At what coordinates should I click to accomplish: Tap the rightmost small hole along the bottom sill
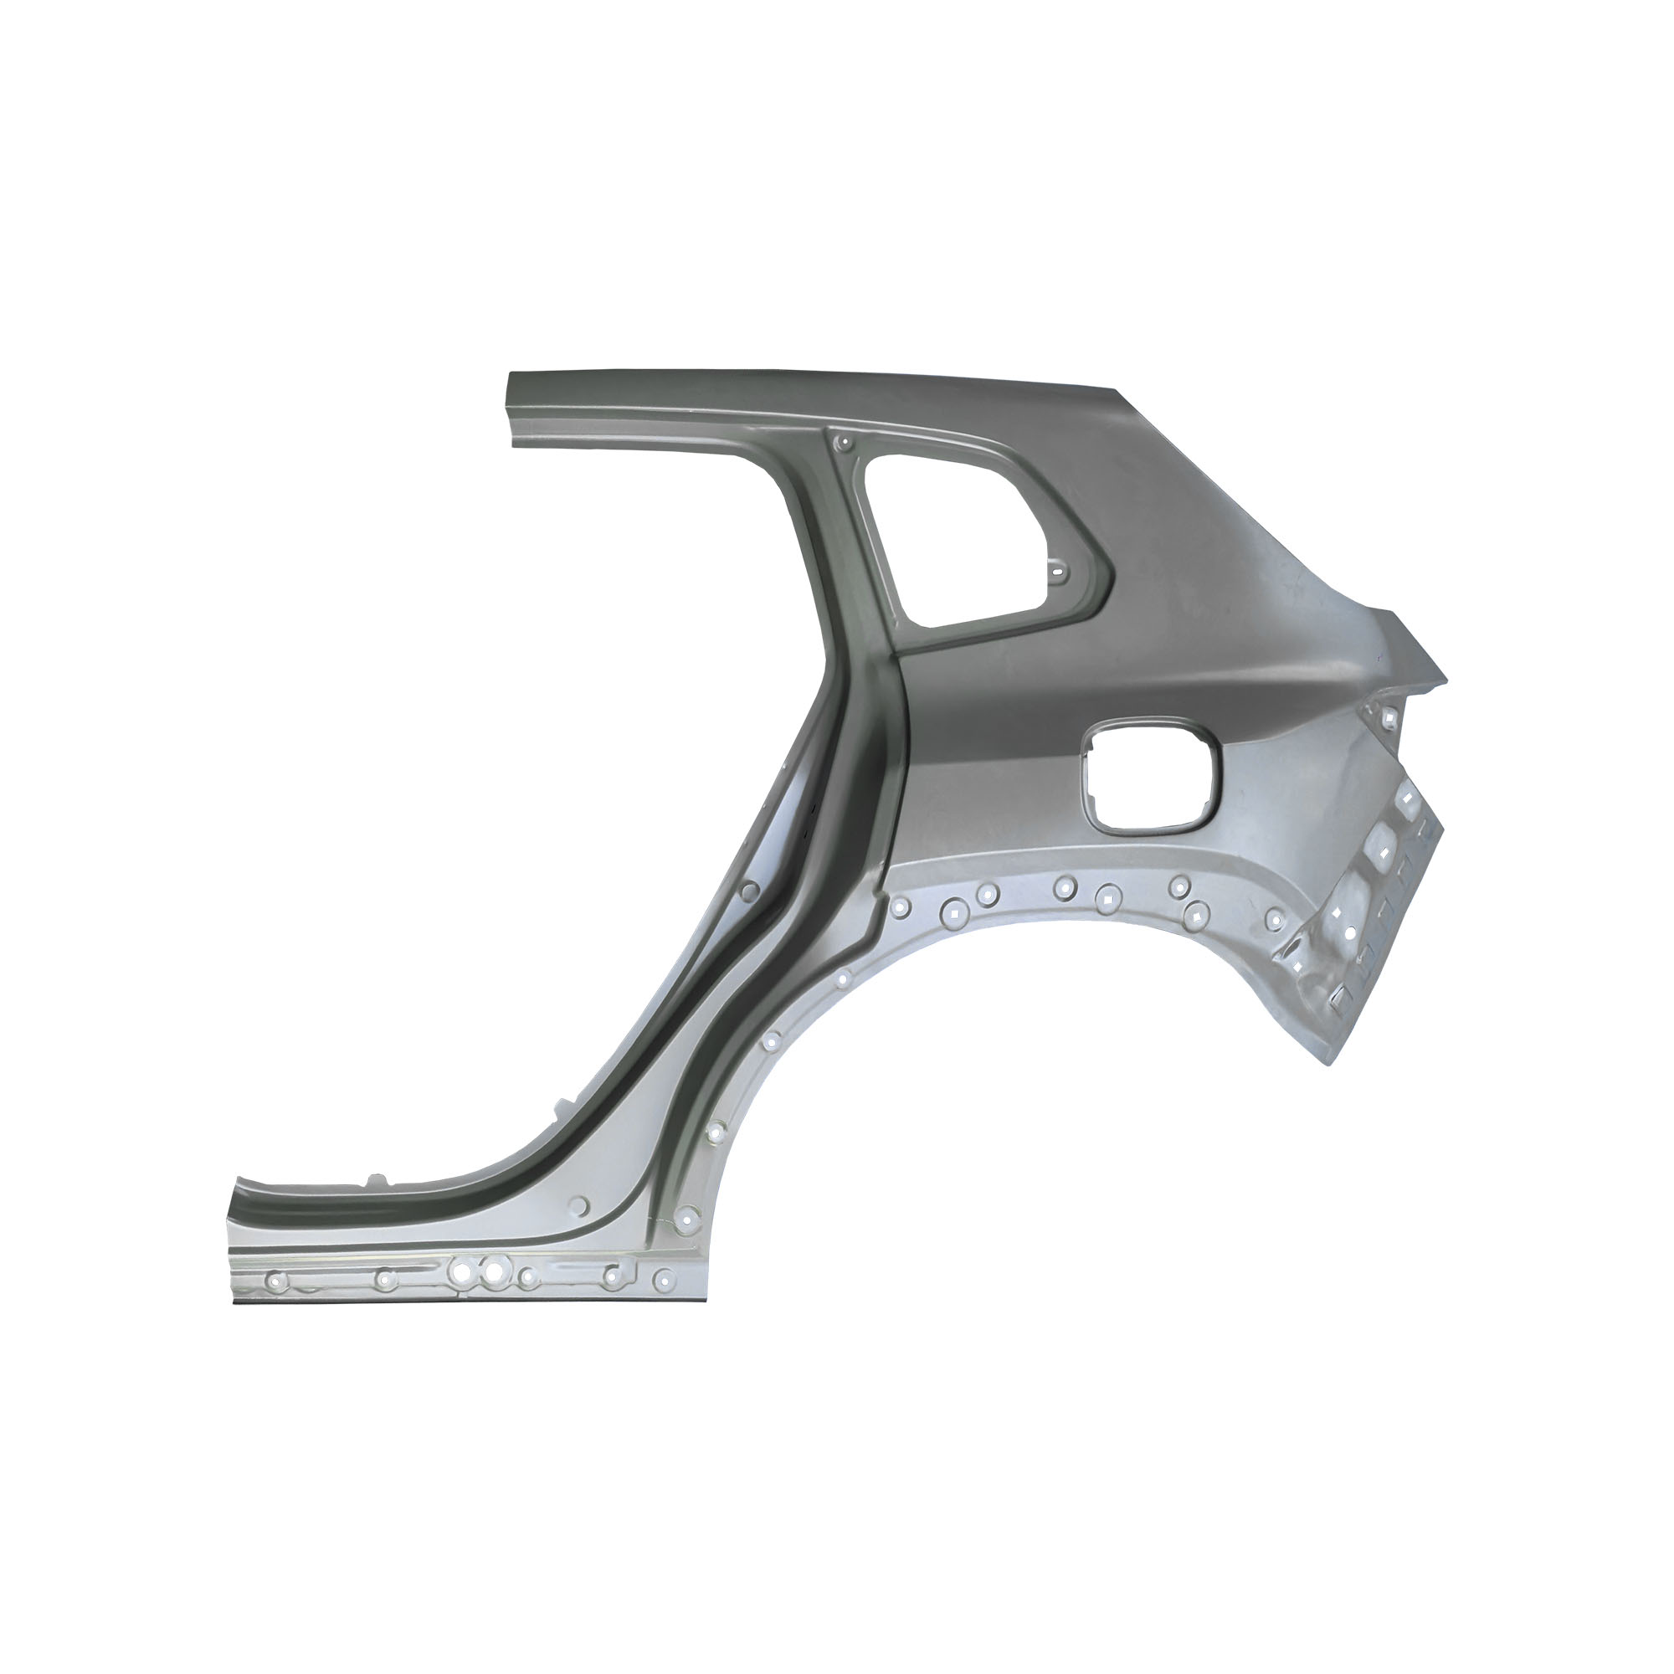(664, 1276)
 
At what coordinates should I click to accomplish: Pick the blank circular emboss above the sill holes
(580, 1205)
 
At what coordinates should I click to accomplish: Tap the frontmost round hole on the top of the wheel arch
(901, 907)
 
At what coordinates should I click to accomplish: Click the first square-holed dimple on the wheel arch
(953, 910)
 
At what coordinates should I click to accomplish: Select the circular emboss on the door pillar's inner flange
(750, 890)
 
